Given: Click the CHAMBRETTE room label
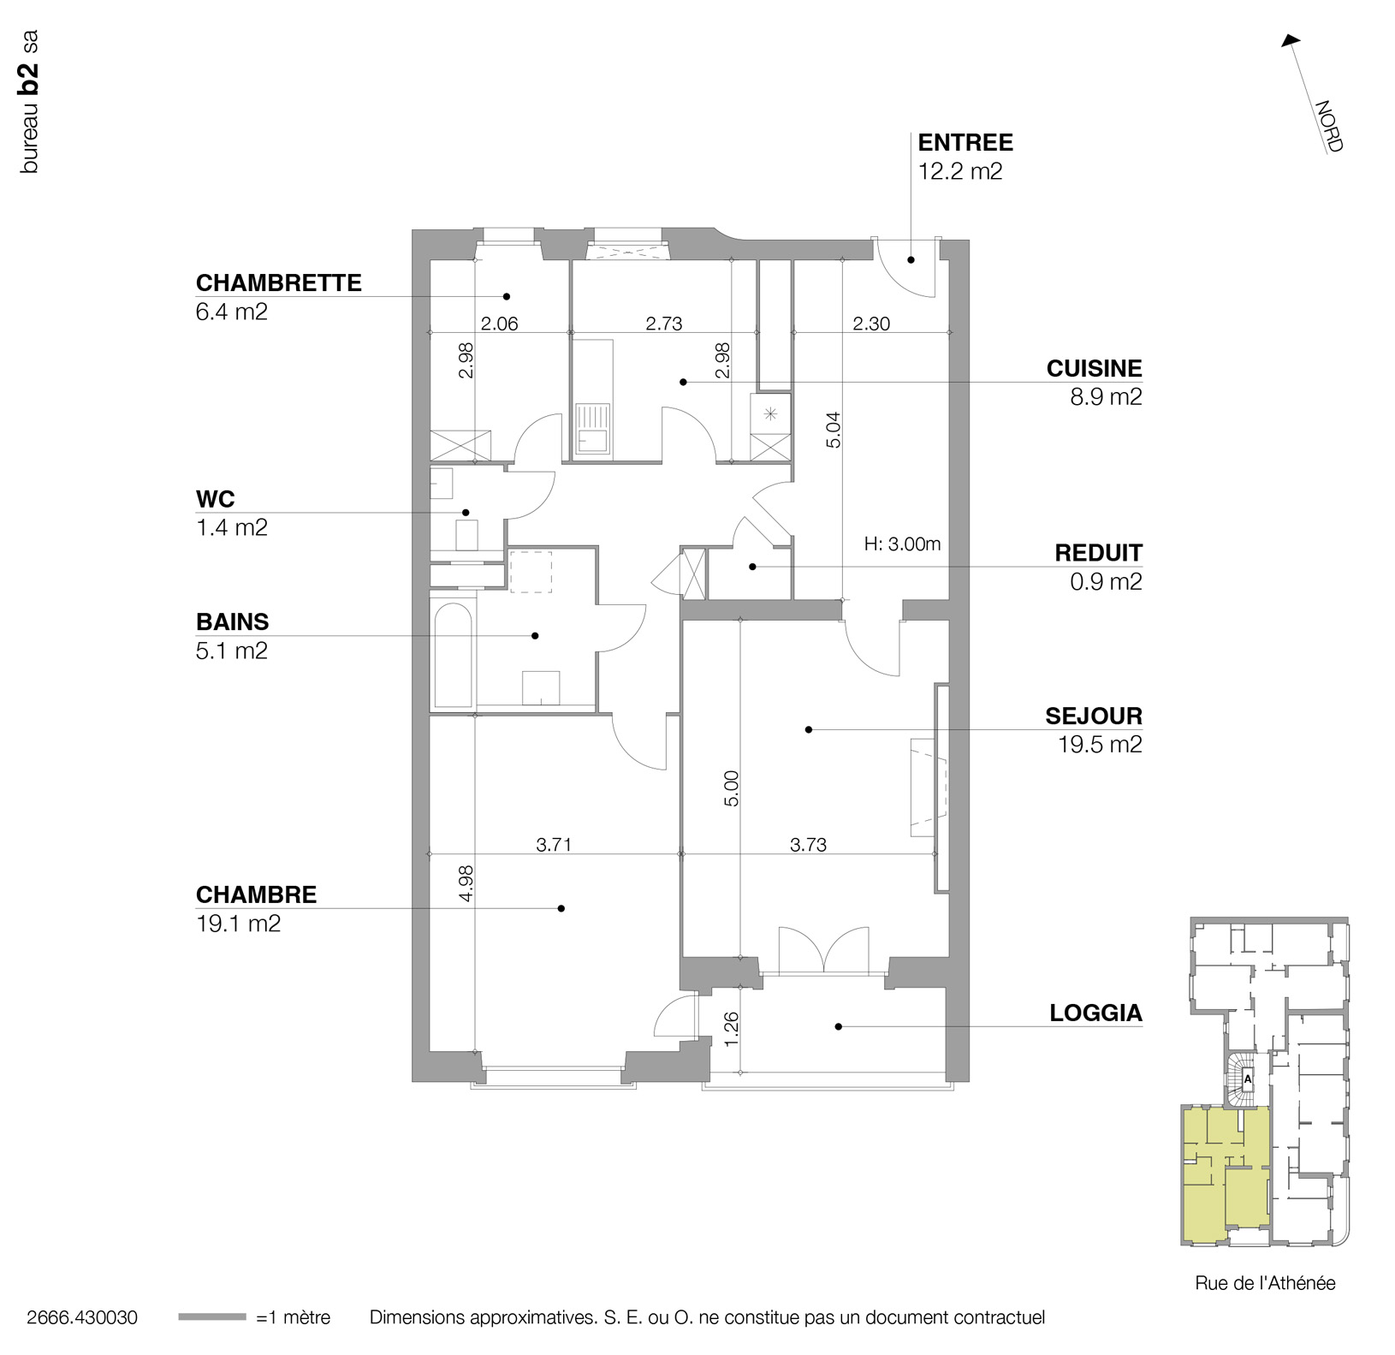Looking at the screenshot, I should point(278,283).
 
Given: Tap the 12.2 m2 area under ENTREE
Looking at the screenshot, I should point(959,171).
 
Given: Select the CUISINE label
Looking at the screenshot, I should point(1094,369).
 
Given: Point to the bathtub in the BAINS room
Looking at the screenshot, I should point(454,656).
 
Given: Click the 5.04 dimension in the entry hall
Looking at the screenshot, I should point(834,431).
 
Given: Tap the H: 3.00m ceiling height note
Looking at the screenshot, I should point(902,544).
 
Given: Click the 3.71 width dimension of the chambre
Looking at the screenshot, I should point(553,846).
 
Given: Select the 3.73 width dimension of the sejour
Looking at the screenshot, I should point(807,846).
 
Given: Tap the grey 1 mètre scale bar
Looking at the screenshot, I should point(211,1317).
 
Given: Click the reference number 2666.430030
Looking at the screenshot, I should point(82,1317).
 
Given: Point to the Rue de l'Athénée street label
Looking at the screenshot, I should point(1265,1283).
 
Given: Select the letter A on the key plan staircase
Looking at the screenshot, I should point(1248,1079).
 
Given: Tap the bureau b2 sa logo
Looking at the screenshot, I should point(30,103).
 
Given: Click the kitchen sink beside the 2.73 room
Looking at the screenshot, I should point(592,428).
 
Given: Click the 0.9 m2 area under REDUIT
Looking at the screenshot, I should point(1106,582).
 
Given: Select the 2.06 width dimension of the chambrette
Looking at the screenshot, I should point(499,324).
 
